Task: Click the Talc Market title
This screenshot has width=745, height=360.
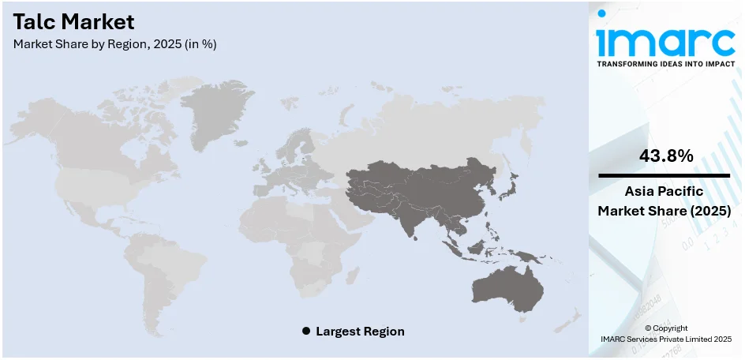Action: pyautogui.click(x=73, y=21)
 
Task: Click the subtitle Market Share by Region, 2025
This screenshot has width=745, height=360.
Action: pyautogui.click(x=114, y=44)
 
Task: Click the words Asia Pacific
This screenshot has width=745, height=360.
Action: pyautogui.click(x=665, y=191)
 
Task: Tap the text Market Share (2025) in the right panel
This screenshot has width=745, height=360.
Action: pyautogui.click(x=665, y=211)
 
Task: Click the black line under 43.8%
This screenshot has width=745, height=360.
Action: pyautogui.click(x=665, y=175)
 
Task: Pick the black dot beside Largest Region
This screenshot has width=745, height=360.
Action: pyautogui.click(x=306, y=332)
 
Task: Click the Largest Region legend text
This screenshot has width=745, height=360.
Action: pyautogui.click(x=360, y=332)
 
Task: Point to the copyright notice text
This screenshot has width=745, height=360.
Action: pyautogui.click(x=665, y=333)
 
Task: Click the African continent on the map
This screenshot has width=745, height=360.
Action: pyautogui.click(x=312, y=237)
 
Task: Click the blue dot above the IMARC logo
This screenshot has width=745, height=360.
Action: pyautogui.click(x=602, y=13)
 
